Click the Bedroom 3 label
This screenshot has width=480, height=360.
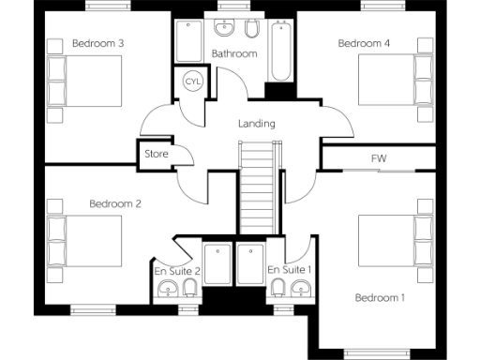98,43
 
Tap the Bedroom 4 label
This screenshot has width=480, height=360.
364,43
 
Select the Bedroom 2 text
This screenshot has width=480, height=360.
115,203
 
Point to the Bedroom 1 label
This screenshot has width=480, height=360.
380,298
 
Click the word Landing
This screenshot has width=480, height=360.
257,123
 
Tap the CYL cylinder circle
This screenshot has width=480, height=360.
193,82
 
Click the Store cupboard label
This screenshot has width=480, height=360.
156,154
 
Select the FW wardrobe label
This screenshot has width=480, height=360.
380,158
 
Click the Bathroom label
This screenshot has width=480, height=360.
233,53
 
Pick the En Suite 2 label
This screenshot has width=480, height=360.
176,271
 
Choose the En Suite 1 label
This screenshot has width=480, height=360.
290,271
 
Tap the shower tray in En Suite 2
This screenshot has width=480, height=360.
217,266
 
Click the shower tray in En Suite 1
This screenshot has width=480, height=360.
250,266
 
